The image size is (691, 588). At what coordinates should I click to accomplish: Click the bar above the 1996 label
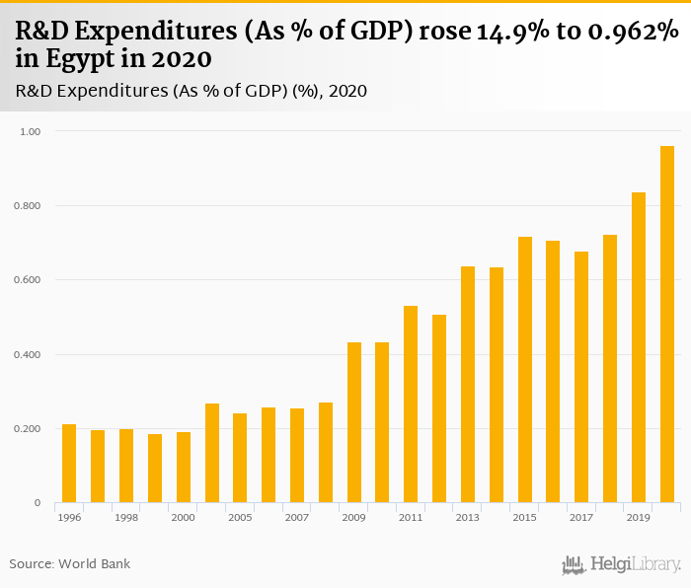(x=69, y=464)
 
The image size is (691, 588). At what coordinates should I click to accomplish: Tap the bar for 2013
(x=468, y=385)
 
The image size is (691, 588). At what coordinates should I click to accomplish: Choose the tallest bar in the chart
(x=667, y=325)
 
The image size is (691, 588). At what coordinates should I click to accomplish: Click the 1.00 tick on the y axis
(x=30, y=131)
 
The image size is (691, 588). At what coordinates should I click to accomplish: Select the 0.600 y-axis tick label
(x=27, y=280)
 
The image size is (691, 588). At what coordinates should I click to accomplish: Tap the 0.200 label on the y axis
(x=27, y=429)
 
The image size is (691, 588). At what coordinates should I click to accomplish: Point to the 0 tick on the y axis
(x=38, y=503)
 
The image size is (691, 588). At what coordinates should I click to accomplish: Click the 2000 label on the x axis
(x=184, y=518)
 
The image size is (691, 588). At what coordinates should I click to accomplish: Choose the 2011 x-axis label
(x=411, y=518)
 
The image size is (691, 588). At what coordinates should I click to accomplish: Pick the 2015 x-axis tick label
(x=525, y=518)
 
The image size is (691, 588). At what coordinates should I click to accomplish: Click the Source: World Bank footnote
(x=70, y=564)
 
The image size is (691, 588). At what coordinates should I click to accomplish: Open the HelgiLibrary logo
(x=622, y=565)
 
